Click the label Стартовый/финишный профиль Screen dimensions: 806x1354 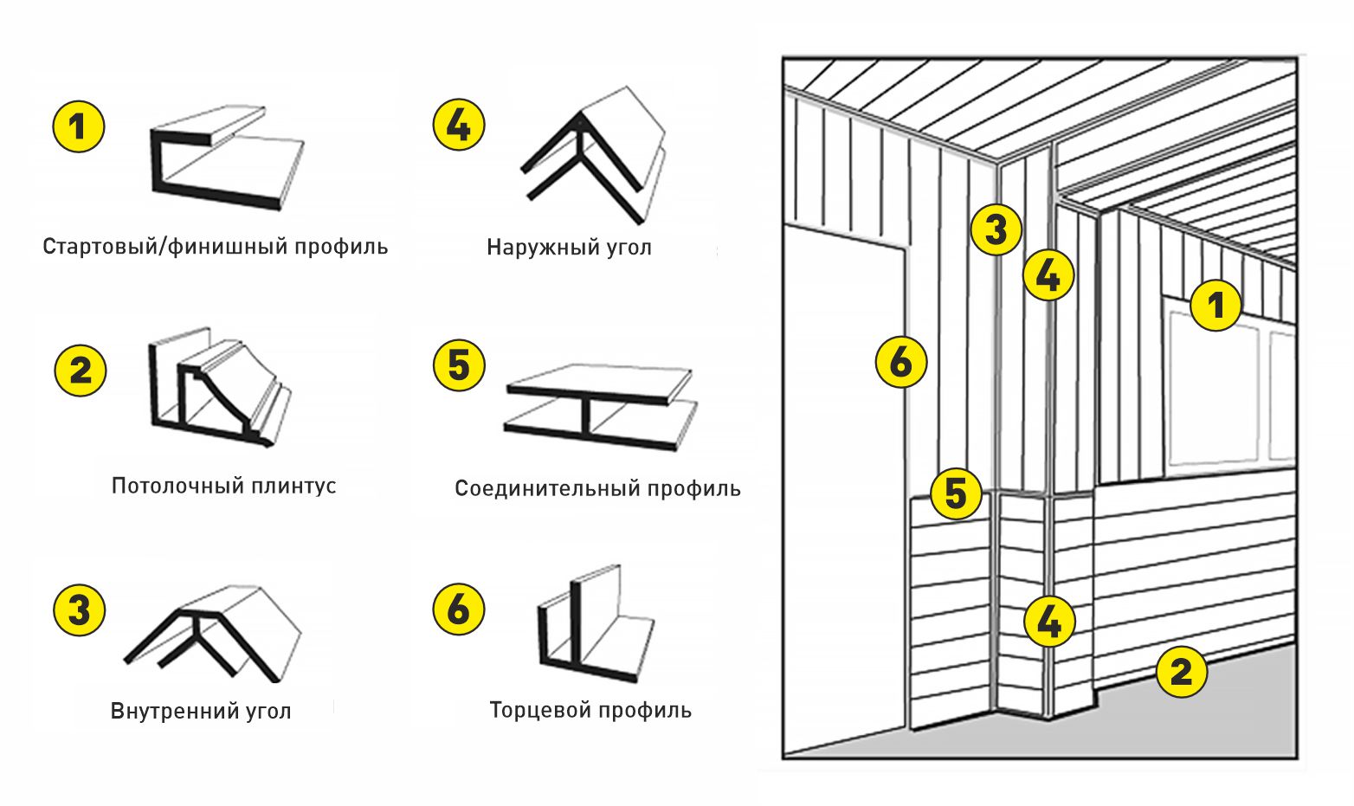tap(215, 247)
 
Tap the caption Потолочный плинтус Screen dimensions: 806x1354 tap(223, 485)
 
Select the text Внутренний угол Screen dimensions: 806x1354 tap(201, 712)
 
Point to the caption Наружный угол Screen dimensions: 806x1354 tap(569, 248)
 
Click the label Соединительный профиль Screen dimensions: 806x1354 tap(597, 488)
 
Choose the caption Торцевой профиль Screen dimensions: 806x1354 tap(590, 711)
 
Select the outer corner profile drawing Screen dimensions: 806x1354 tap(593, 156)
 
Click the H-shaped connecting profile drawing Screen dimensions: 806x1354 tap(599, 406)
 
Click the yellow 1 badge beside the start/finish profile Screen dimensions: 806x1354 tap(78, 127)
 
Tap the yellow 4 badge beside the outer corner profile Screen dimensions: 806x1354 tap(458, 125)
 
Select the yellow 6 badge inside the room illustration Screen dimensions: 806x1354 tap(901, 362)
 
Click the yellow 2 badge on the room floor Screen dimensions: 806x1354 tap(1182, 670)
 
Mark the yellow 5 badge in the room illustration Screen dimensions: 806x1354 tap(956, 493)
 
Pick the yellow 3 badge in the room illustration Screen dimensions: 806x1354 tap(996, 230)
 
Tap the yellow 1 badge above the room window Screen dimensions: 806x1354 tap(1215, 305)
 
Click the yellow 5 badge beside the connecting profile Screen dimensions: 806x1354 tap(459, 364)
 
